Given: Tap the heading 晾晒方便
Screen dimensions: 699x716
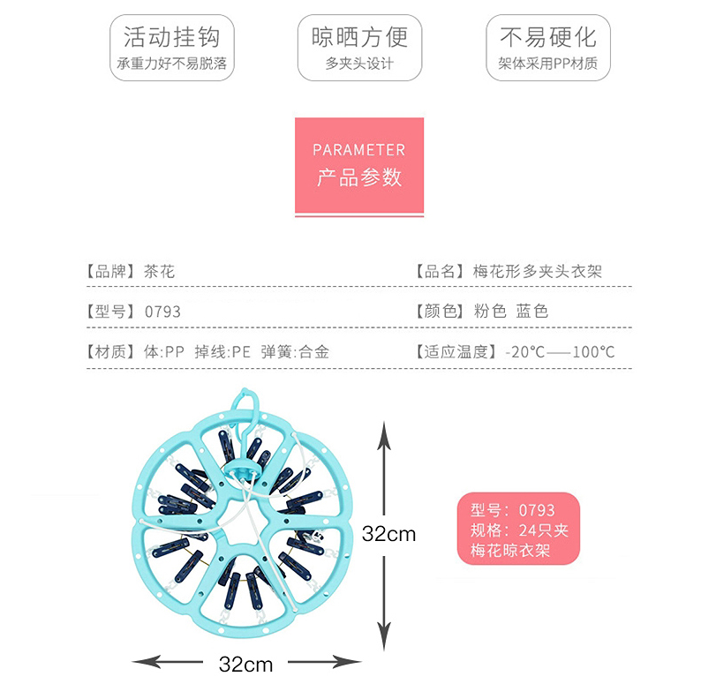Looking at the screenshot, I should (x=359, y=37).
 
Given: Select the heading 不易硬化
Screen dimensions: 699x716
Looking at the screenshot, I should (x=548, y=37).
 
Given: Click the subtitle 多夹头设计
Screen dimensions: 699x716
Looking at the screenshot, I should (x=359, y=64).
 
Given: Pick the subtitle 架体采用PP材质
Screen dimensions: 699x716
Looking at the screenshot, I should (x=548, y=64).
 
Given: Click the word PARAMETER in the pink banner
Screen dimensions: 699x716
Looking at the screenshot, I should (x=358, y=150).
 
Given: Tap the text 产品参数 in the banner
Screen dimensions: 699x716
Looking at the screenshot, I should (x=358, y=177).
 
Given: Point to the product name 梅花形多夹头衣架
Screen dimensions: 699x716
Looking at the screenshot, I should (x=537, y=271).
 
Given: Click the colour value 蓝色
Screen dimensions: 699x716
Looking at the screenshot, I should (x=532, y=311).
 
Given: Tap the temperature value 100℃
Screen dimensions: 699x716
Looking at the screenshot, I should (x=593, y=351).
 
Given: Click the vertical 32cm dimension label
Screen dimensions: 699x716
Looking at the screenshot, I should (x=388, y=533).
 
